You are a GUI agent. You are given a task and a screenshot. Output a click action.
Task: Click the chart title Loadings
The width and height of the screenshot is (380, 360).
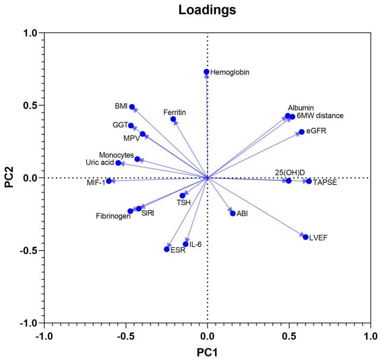(x=207, y=10)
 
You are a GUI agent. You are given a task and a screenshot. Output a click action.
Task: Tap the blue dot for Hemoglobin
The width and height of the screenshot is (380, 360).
(x=206, y=72)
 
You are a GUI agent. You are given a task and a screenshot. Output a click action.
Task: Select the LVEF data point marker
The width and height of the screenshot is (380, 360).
(x=306, y=237)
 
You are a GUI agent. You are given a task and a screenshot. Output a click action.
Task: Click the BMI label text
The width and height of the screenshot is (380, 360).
(x=121, y=107)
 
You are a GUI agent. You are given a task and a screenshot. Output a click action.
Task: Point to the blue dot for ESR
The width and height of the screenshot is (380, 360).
(x=167, y=249)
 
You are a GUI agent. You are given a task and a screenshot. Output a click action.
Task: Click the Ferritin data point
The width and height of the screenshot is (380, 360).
(x=173, y=119)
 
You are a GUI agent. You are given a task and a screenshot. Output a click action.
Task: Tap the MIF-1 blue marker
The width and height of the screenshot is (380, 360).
(x=109, y=181)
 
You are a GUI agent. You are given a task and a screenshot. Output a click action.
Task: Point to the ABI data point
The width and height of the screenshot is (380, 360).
(x=233, y=213)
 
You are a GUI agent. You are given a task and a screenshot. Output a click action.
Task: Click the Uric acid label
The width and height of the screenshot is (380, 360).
(x=99, y=162)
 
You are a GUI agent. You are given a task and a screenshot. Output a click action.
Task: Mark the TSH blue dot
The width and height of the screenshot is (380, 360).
(x=182, y=196)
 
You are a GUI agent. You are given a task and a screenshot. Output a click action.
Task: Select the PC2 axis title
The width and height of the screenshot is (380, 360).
(x=8, y=178)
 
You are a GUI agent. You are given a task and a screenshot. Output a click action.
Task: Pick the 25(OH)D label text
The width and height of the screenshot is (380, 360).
(x=289, y=172)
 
